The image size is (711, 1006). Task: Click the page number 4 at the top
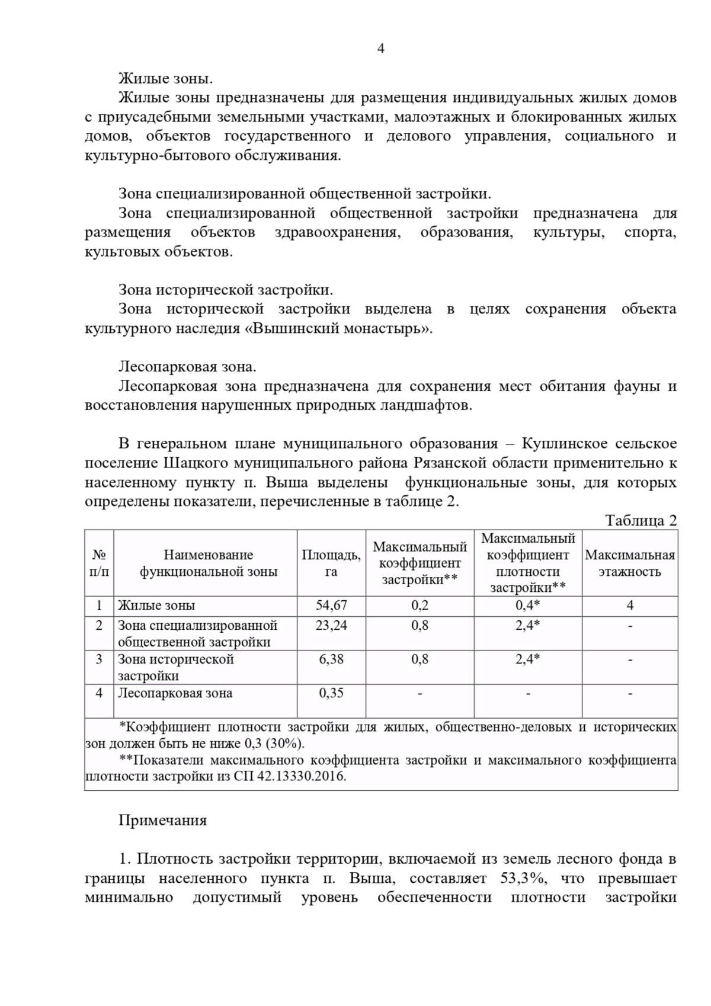coord(381,49)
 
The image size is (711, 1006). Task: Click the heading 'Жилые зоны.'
coord(165,79)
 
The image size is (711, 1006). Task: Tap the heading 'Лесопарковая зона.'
coord(187,367)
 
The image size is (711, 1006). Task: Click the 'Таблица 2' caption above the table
coord(640,520)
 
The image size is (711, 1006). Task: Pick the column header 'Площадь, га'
coord(331,563)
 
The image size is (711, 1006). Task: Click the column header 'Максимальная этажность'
coord(629,563)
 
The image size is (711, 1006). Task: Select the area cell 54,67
coord(331,605)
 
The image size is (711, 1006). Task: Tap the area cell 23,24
coord(331,625)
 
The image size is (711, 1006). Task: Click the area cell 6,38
coord(331,659)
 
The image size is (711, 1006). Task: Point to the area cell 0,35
coord(331,693)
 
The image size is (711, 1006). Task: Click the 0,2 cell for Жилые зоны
coord(419,605)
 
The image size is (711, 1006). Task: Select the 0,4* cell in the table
coord(527,605)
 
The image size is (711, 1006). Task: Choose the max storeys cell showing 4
coord(629,605)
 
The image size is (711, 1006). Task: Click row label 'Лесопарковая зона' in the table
coord(175,693)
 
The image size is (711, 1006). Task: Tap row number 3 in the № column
coord(99,659)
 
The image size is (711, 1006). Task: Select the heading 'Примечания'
coord(162,820)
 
